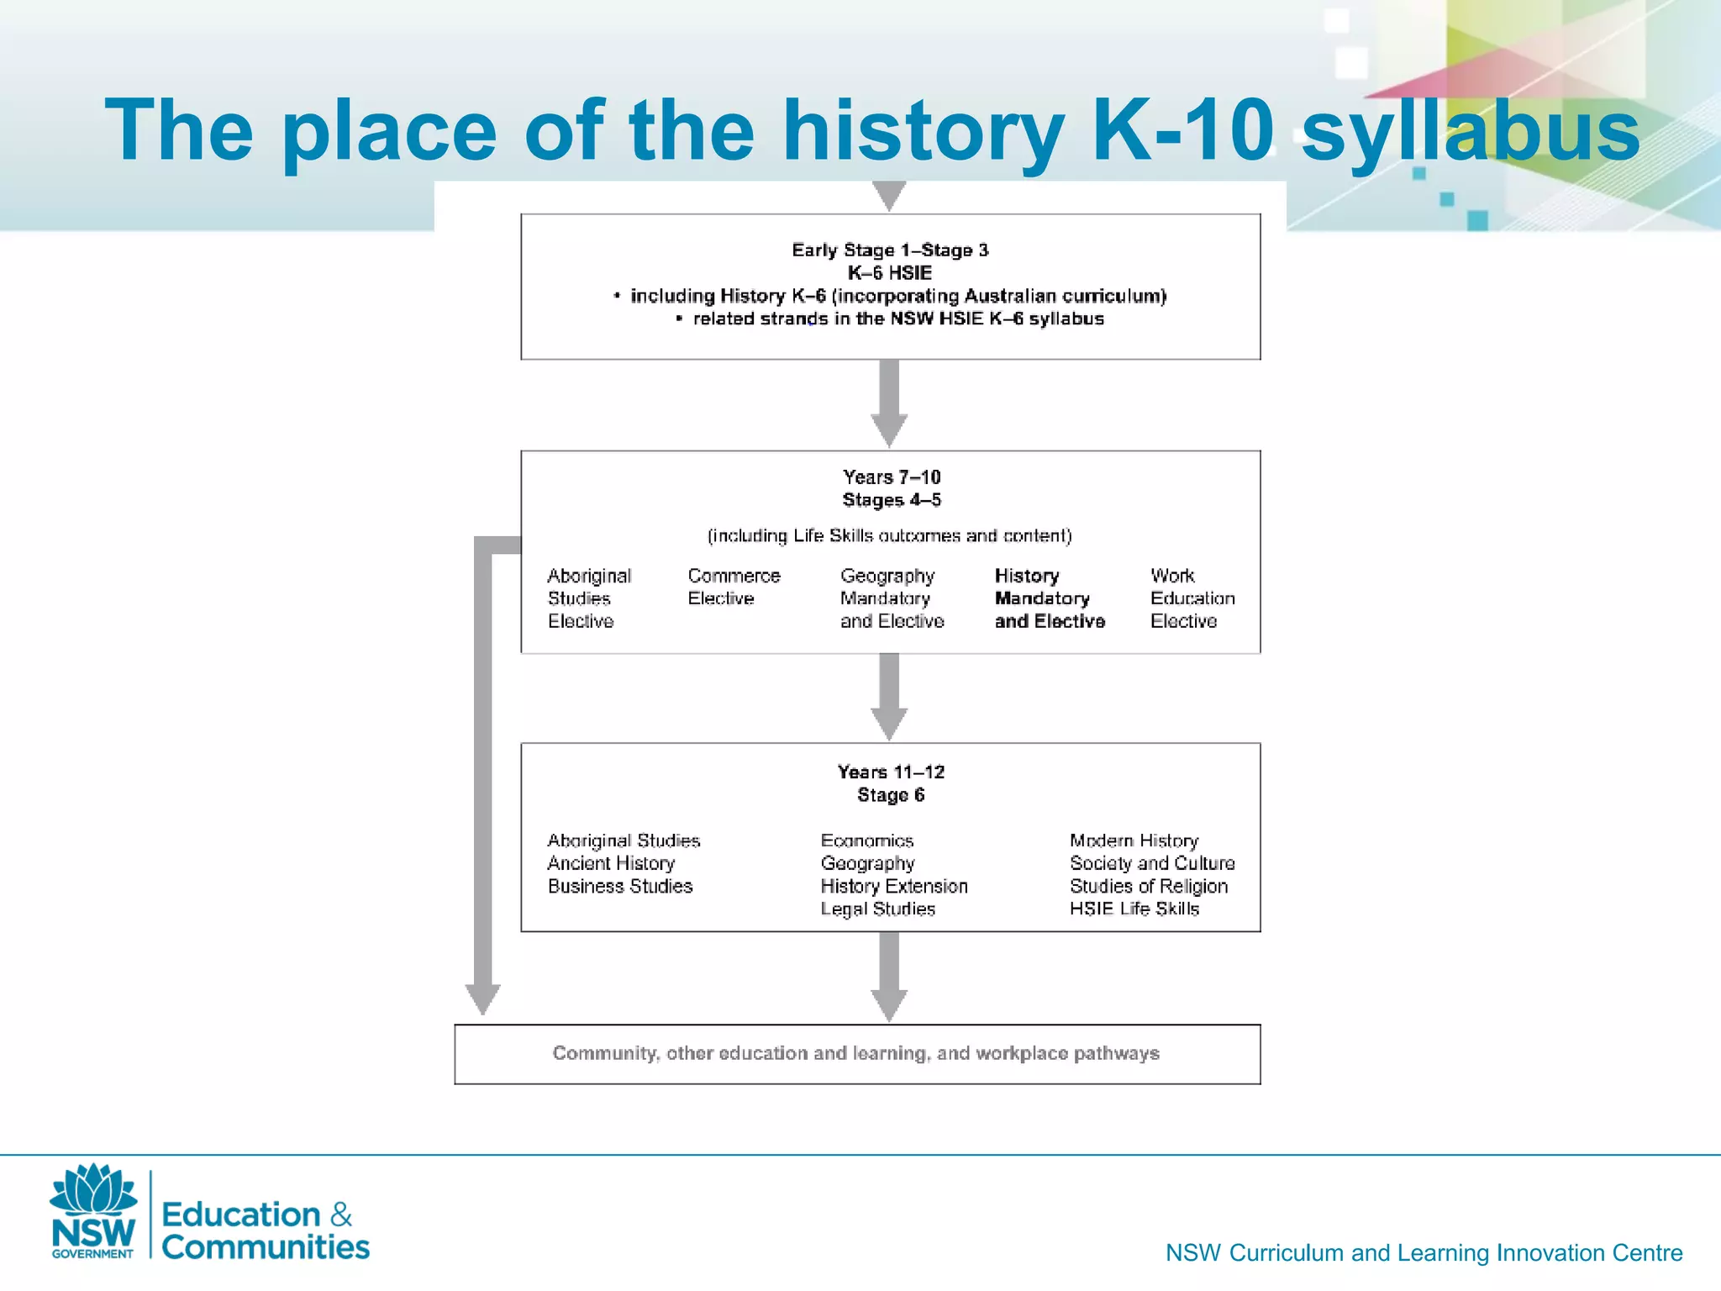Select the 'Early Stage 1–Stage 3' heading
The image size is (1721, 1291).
pos(890,250)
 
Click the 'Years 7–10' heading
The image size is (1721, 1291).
pos(892,477)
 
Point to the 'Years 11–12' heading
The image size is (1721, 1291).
pos(891,772)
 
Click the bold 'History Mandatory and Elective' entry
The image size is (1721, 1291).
pos(1049,598)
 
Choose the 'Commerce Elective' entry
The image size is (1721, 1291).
pos(734,588)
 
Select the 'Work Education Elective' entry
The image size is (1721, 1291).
pos(1192,598)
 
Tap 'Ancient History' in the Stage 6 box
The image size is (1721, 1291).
pos(611,863)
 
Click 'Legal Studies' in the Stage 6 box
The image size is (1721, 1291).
pos(877,909)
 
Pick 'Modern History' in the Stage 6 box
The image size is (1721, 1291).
pos(1134,840)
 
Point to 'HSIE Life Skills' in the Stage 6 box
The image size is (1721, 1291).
pos(1134,909)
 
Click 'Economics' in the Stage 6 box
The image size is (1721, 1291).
pos(866,840)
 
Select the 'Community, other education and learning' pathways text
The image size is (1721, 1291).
pos(855,1054)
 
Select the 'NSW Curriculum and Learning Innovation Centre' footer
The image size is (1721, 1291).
pos(1424,1253)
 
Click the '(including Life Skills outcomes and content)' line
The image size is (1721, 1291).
pos(889,536)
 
